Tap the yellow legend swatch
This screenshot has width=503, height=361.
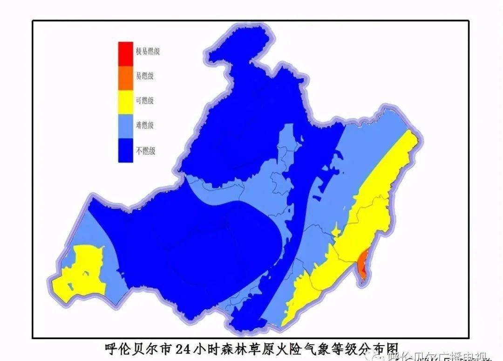(125, 101)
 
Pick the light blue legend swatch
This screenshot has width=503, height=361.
(125, 125)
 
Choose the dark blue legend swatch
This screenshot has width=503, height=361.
(125, 151)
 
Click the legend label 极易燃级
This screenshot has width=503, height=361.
(148, 51)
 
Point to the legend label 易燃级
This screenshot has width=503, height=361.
(145, 76)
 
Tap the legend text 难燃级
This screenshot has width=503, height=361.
(145, 126)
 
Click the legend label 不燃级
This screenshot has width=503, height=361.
(145, 151)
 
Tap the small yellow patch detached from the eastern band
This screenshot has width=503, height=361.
(336, 231)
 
